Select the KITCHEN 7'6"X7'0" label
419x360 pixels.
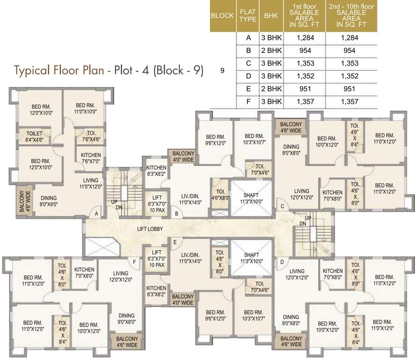[x=91, y=158]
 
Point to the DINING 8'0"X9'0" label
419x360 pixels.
[x=49, y=201]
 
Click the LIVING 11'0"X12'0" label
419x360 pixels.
[x=90, y=183]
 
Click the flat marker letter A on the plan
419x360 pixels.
[x=97, y=214]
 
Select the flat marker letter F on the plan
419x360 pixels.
[x=135, y=262]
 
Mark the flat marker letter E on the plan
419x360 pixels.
[x=175, y=242]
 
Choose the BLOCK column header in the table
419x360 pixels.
[x=222, y=15]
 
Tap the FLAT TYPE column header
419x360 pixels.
[x=248, y=15]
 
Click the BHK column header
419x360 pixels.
[x=270, y=15]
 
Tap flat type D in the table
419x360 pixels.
[x=248, y=76]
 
